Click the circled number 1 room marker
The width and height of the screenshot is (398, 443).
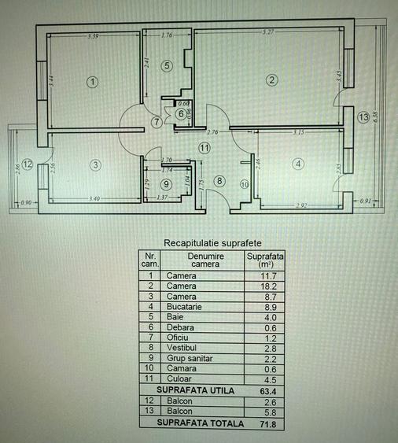[93, 81]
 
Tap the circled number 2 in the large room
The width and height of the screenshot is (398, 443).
[271, 79]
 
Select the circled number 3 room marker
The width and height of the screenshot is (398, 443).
[95, 165]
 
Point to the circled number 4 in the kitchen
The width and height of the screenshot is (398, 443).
[297, 164]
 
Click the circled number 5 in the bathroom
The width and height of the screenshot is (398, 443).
[166, 66]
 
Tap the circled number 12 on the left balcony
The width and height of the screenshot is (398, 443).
[27, 164]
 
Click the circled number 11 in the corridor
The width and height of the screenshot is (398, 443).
[205, 147]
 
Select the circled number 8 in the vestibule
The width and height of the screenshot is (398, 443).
[219, 181]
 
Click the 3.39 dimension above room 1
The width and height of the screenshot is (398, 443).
[93, 36]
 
